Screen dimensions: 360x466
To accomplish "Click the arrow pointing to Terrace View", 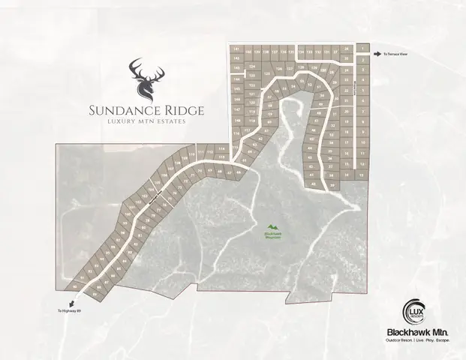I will [x=377, y=54].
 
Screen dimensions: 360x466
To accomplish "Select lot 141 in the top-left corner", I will [x=236, y=49].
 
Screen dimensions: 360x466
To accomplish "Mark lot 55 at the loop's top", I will [x=302, y=81].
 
